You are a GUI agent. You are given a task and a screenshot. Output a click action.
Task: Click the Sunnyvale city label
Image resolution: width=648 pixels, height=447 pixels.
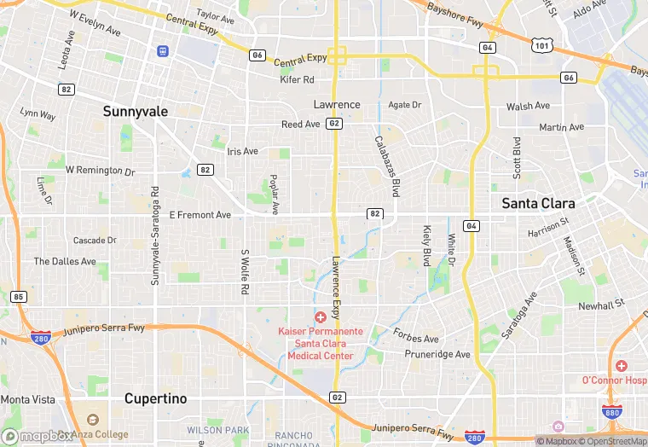click(x=136, y=111)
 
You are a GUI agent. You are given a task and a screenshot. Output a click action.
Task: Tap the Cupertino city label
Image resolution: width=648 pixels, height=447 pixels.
click(x=155, y=398)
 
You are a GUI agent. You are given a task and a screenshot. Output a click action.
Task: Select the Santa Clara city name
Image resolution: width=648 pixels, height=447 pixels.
click(x=538, y=203)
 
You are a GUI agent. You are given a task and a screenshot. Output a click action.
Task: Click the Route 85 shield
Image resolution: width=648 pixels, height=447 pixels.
click(x=19, y=297)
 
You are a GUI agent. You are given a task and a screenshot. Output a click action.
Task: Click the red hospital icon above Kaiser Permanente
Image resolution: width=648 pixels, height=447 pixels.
click(x=320, y=317)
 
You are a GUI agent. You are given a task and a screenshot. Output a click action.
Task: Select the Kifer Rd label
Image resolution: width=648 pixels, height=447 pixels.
click(x=298, y=79)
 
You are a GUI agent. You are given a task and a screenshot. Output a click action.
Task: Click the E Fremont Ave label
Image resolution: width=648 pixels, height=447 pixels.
click(x=200, y=216)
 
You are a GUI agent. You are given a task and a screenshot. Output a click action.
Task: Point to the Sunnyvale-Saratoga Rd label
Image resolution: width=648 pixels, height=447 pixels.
click(x=154, y=236)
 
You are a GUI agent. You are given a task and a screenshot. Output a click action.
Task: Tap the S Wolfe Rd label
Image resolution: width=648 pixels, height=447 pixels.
click(x=244, y=272)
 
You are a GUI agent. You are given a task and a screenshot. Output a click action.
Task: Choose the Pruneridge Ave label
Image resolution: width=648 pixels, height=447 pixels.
click(x=438, y=354)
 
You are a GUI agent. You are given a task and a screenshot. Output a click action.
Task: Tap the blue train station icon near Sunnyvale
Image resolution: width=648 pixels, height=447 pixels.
click(x=162, y=50)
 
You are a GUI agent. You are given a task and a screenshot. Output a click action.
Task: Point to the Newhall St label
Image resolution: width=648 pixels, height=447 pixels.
click(x=601, y=305)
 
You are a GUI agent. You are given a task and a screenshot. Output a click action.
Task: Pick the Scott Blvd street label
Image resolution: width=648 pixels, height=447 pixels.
click(x=517, y=157)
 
